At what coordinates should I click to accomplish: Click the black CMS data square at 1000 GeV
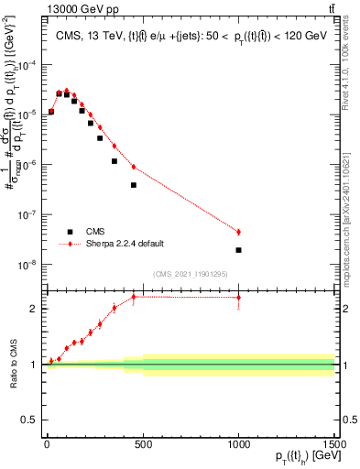click(238, 250)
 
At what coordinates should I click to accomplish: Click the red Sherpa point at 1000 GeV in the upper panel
click(238, 233)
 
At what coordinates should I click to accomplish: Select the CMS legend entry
click(96, 232)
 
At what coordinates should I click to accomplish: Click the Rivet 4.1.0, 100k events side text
click(352, 69)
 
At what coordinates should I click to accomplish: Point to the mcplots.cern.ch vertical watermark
click(352, 211)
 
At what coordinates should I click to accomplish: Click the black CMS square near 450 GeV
click(133, 185)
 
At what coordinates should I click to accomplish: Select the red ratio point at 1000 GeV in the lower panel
click(238, 298)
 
